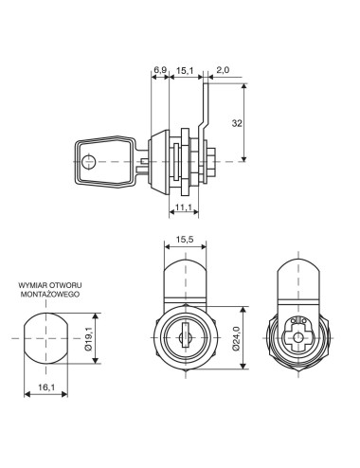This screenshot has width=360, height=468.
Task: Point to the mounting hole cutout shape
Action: point(47,339)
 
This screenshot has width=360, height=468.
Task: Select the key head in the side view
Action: point(100,160)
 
